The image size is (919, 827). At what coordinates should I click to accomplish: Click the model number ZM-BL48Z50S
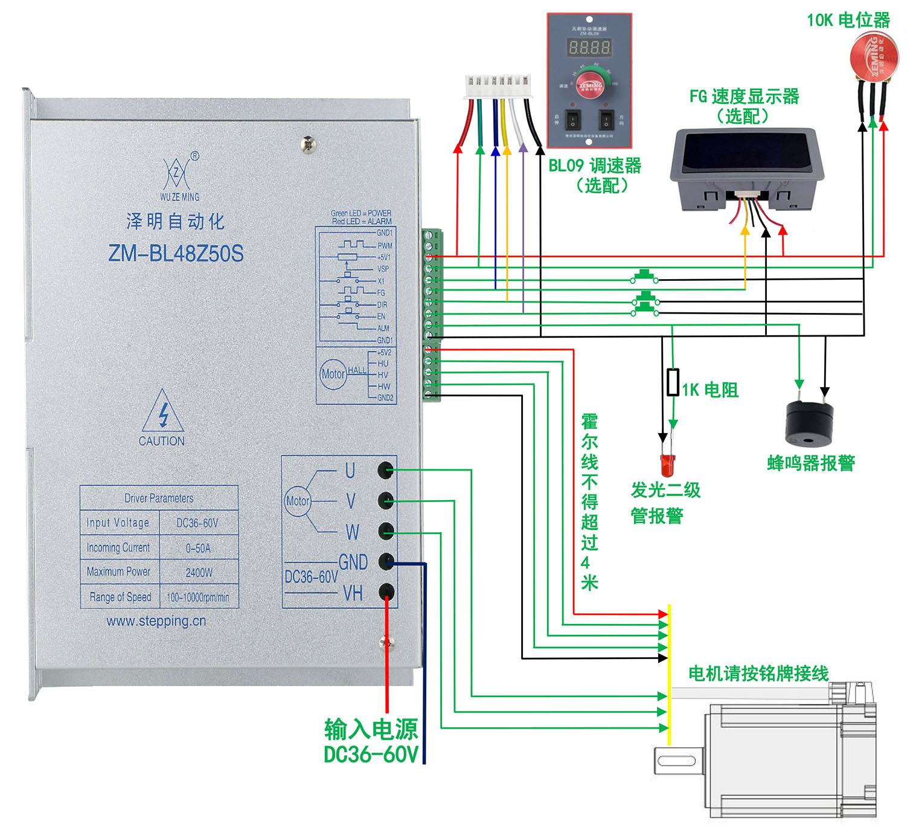[176, 253]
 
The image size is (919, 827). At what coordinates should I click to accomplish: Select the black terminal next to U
[386, 469]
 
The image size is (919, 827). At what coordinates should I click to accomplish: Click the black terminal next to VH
[386, 591]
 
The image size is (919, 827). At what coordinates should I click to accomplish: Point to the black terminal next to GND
[386, 561]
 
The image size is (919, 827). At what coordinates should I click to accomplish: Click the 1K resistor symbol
[673, 382]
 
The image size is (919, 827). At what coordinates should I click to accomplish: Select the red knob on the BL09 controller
[590, 85]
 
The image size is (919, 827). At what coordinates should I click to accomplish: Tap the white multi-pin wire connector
[498, 86]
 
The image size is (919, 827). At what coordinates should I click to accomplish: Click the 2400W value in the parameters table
[199, 572]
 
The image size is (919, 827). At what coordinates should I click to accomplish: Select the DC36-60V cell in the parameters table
[197, 523]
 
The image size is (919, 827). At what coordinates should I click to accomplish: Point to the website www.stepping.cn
[156, 621]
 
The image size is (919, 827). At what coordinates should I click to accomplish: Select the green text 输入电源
[371, 729]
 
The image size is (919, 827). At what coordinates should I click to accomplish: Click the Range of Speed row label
[120, 597]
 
